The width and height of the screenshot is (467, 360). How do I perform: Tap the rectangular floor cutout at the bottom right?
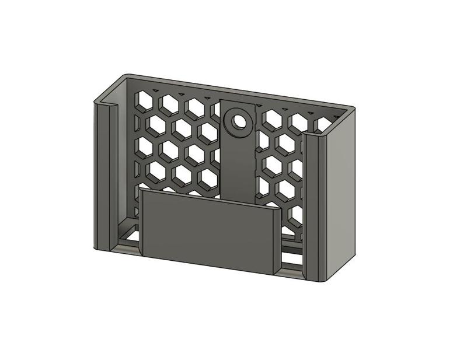tap(291, 257)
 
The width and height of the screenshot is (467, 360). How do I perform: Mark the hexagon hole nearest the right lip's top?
tap(323, 124)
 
